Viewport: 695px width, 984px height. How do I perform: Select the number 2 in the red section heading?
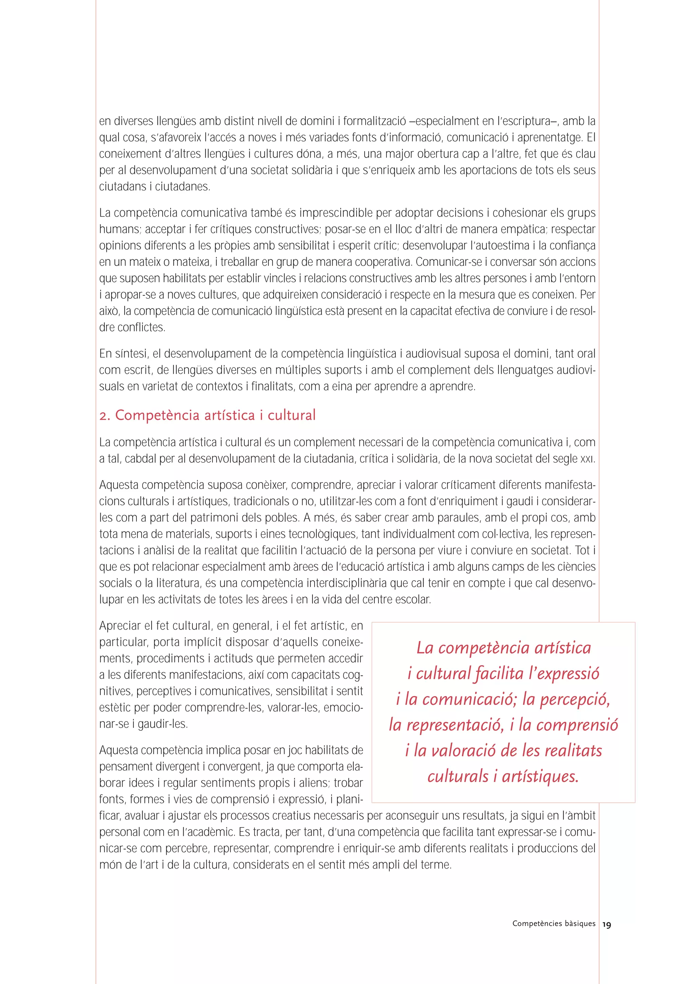coord(103,416)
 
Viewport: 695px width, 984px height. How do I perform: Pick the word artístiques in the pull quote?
coord(540,776)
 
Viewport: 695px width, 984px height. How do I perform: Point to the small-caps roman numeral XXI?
coord(587,459)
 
